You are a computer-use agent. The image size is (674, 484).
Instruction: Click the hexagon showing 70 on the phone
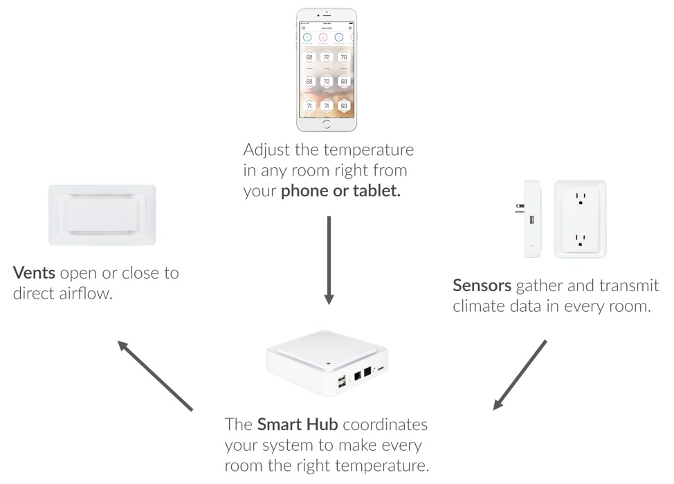(344, 57)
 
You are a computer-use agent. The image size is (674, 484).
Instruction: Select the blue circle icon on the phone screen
(339, 37)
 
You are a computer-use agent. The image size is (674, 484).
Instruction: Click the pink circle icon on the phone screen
(322, 37)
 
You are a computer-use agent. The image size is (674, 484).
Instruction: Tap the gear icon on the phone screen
(351, 27)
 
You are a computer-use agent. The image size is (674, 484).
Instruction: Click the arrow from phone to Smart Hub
(329, 260)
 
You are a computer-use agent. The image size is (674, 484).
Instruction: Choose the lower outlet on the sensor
(580, 239)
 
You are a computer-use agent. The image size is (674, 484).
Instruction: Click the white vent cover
(102, 214)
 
